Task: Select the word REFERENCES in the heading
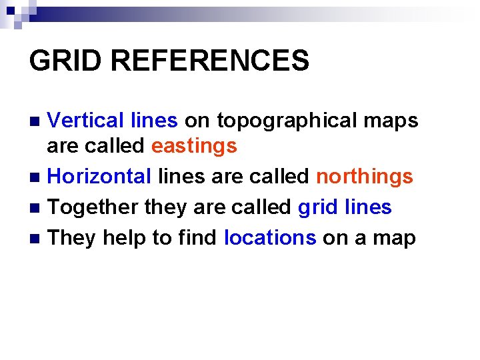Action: [210, 61]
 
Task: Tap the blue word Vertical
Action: [86, 120]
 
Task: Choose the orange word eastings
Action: [194, 146]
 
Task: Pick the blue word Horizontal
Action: [100, 177]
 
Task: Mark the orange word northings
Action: [365, 177]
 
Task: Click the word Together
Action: [93, 207]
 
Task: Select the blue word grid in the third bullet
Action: [317, 207]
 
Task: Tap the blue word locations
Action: [270, 237]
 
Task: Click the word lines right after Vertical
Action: [154, 120]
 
